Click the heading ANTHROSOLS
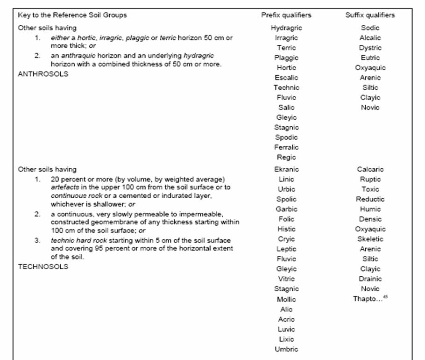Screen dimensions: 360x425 pos(43,74)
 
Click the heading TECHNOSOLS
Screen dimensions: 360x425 pos(43,266)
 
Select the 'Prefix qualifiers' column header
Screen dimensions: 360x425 pos(286,15)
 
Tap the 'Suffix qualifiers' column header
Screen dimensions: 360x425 pos(370,15)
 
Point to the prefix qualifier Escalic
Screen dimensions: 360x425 pos(286,78)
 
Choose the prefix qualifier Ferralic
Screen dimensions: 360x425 pos(286,147)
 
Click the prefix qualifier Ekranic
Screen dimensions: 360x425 pos(286,169)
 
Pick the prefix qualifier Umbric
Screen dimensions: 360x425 pos(286,349)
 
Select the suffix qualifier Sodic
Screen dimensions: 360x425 pos(370,28)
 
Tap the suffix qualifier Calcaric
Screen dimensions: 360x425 pos(370,169)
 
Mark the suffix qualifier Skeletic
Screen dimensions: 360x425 pos(370,239)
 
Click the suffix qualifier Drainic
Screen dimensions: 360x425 pos(370,279)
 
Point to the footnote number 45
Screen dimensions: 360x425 pos(385,296)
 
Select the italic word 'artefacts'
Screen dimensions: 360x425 pos(64,187)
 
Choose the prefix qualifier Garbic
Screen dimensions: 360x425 pos(286,209)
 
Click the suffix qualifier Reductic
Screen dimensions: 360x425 pos(370,199)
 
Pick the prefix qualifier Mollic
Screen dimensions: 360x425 pos(286,299)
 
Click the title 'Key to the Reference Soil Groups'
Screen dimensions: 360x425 pos(72,15)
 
